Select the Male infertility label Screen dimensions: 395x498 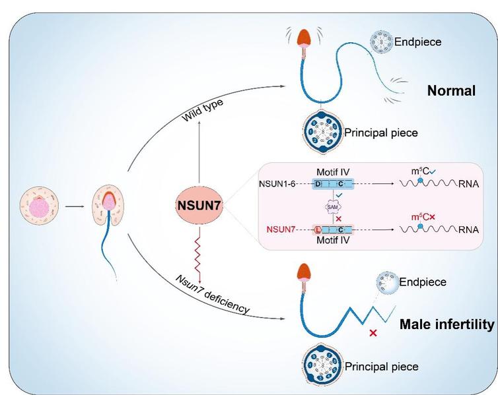point(446,324)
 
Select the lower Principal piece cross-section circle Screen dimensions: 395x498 point(323,364)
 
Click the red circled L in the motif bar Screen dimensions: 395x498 point(318,229)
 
